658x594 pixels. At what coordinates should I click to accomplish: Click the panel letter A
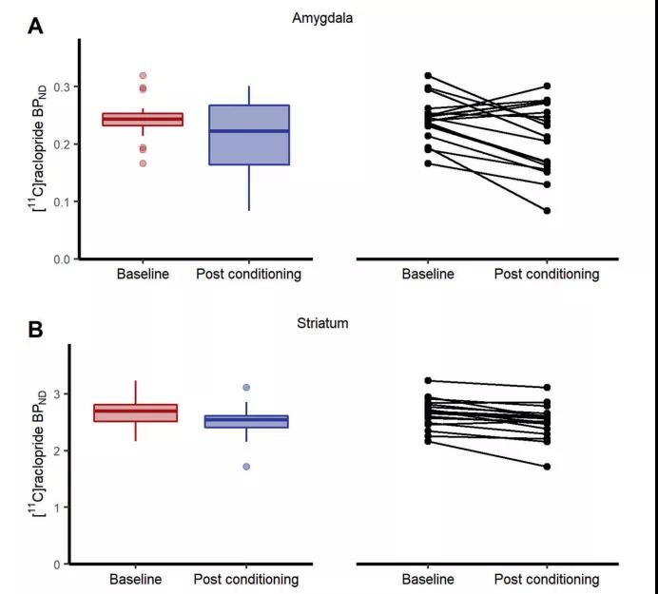(35, 26)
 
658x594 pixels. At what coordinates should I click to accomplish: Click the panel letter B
(35, 330)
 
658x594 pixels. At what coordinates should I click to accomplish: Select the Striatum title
(322, 323)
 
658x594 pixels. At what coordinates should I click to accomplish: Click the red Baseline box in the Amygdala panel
(143, 120)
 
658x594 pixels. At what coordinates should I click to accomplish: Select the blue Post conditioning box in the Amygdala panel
(248, 135)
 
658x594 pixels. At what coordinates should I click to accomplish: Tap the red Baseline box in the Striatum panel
(143, 412)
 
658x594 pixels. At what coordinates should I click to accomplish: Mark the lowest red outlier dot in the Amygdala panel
(143, 163)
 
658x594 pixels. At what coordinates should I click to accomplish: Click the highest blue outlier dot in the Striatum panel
(247, 388)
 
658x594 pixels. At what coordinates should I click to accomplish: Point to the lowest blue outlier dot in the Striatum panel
(247, 467)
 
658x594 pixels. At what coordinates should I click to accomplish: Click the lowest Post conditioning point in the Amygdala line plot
(548, 211)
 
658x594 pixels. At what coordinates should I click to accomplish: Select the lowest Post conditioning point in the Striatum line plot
(548, 467)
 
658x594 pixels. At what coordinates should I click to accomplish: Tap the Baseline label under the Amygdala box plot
(143, 275)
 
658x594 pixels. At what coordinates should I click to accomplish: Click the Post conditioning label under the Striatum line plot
(547, 579)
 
